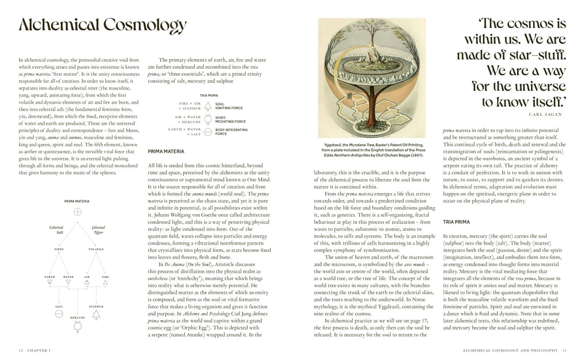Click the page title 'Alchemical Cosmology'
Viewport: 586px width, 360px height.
(x=102, y=25)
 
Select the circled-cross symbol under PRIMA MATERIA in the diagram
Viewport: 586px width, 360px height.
(x=78, y=212)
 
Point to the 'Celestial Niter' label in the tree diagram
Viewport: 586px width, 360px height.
(x=98, y=230)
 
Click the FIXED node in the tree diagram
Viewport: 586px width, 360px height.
(x=59, y=249)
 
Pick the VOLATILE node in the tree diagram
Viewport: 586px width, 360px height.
(x=96, y=249)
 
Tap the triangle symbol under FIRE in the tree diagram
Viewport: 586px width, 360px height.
(x=106, y=282)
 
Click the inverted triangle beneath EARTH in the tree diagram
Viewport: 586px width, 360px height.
(x=49, y=282)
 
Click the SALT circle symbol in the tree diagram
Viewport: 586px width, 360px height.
(x=59, y=315)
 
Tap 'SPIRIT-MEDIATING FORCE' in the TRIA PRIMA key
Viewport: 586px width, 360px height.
(x=229, y=119)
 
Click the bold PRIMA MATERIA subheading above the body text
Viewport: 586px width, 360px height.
(x=166, y=152)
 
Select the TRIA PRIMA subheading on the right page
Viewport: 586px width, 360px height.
(x=456, y=222)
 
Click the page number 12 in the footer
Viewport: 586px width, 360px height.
(x=21, y=350)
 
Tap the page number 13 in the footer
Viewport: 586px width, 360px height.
(x=564, y=350)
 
